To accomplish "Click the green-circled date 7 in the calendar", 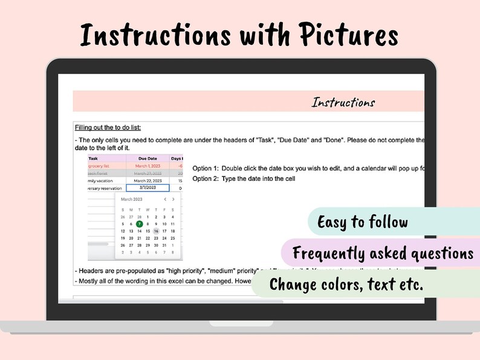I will pos(139,224).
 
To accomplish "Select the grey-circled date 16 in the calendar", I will pos(156,231).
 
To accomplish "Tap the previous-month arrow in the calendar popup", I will pos(165,199).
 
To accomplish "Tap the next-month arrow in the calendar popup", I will pos(174,199).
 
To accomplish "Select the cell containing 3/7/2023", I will pos(148,188).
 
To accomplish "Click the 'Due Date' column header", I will pos(148,159).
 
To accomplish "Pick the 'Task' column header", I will pos(93,159).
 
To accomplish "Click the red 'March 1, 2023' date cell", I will pos(148,166).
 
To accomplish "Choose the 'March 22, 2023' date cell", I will pos(148,181).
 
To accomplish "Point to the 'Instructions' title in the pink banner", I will pos(343,102).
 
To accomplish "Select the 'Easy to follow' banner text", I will pos(362,222).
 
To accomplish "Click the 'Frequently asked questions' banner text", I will pos(382,252).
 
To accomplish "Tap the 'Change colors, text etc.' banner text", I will pos(346,284).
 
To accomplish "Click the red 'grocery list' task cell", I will pos(99,166).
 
